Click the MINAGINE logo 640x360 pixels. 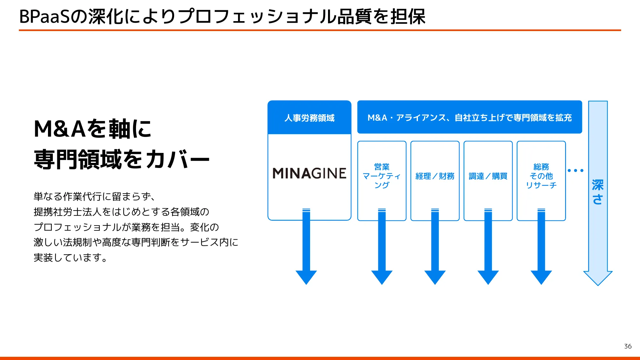309,173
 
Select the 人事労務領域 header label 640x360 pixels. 309,118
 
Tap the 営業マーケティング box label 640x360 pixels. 382,176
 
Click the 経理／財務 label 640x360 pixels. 435,176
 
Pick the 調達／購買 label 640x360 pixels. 488,176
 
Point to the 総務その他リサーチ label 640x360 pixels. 541,176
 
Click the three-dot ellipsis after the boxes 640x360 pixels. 575,171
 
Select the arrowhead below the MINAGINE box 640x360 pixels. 306,277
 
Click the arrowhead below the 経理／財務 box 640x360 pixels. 435,277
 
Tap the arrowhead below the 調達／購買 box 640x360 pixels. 488,277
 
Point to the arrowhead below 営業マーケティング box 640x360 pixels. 382,277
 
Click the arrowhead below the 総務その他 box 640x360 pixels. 541,277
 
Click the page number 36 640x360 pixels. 628,346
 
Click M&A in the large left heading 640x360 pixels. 60,129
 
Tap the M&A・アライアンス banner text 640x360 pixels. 469,118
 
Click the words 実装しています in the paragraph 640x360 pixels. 70,258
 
